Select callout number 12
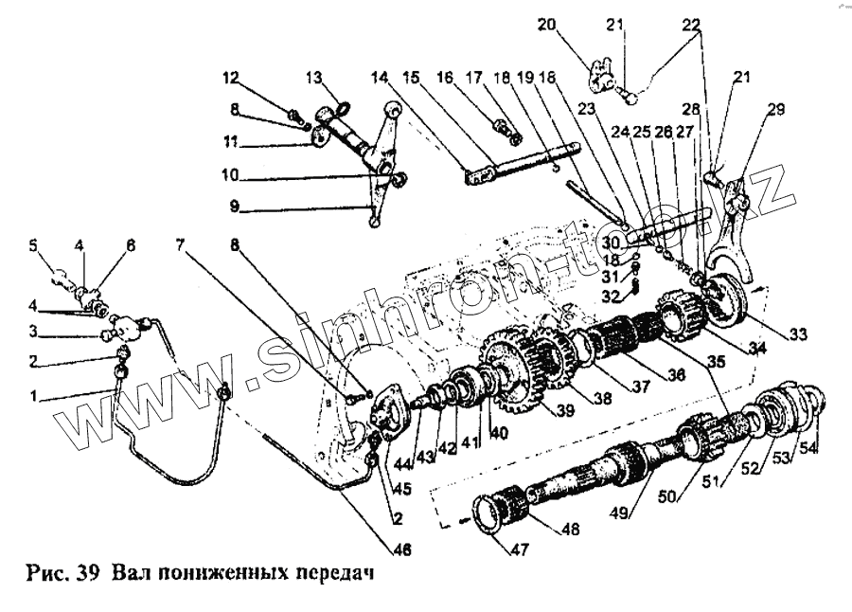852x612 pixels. [x=232, y=78]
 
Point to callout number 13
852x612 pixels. [x=313, y=78]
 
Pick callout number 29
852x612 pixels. [x=775, y=111]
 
